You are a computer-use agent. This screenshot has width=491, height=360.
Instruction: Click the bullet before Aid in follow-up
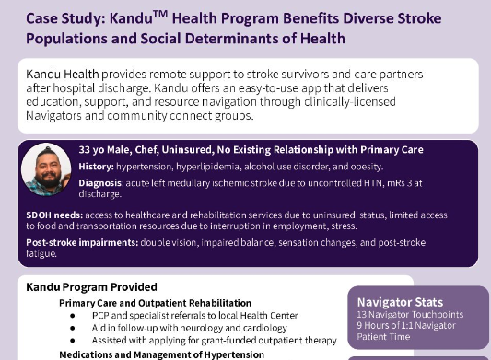tap(72, 329)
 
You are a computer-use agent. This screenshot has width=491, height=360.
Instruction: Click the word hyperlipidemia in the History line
tap(212, 166)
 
